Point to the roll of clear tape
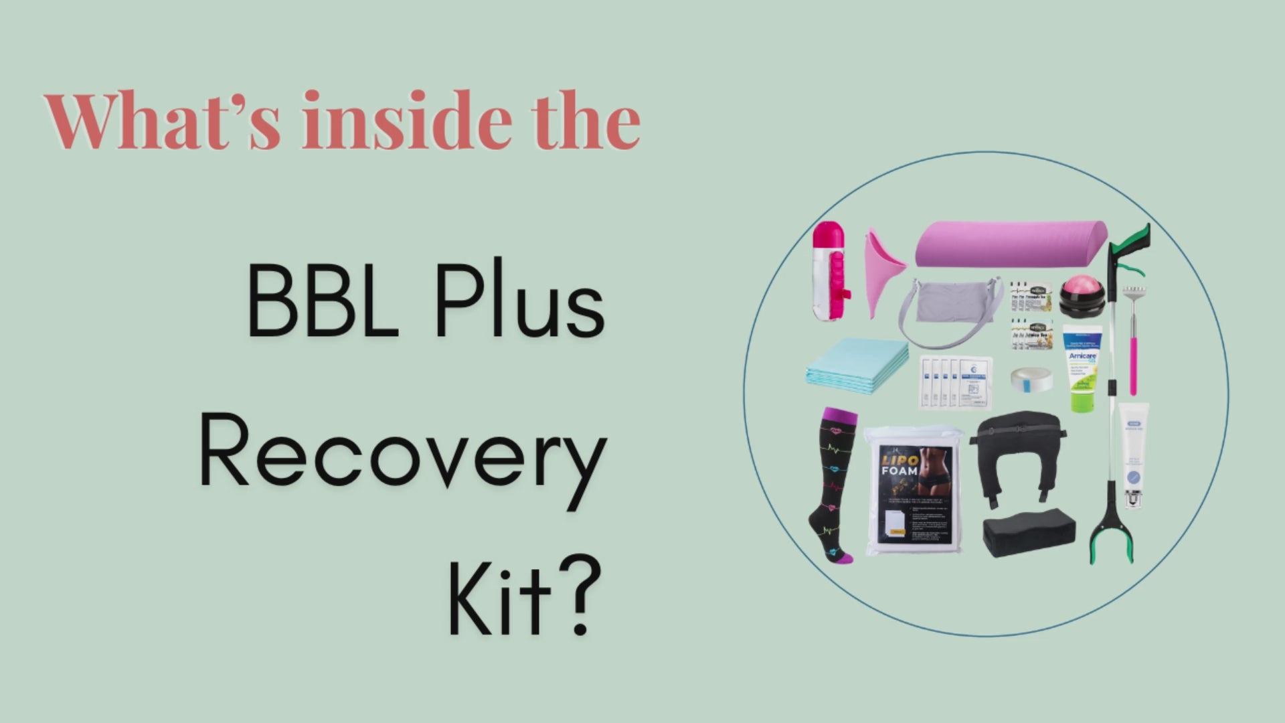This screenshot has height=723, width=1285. pos(1031,378)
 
